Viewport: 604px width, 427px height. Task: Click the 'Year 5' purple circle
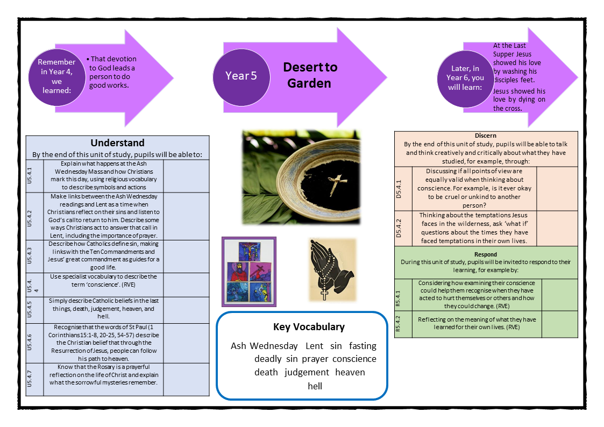[x=240, y=76]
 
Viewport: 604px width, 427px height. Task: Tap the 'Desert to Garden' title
[x=311, y=75]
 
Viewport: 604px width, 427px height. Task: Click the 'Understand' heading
[x=117, y=143]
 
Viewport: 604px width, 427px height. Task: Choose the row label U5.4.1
[x=34, y=175]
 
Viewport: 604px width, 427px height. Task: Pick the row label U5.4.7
[x=34, y=379]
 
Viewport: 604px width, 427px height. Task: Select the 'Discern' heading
[x=486, y=136]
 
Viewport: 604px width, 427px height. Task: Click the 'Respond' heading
[x=486, y=254]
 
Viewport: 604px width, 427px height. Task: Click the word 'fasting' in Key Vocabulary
[x=363, y=346]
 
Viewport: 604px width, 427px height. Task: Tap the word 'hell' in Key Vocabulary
[x=315, y=386]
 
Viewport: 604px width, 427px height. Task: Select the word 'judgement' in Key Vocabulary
[x=307, y=372]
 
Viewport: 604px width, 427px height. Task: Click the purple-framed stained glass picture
[x=249, y=272]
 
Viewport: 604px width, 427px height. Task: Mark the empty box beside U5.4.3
[x=186, y=257]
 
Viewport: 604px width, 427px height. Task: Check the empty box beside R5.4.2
[x=559, y=324]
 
